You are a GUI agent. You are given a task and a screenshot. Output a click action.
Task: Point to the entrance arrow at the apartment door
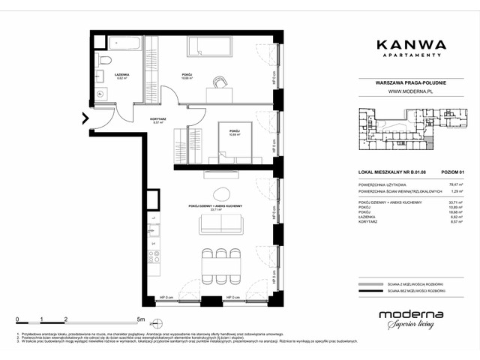coord(85,117)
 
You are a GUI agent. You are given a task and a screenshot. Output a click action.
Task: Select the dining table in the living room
coord(220,263)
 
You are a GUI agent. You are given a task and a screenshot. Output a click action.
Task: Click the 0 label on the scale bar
coord(17,318)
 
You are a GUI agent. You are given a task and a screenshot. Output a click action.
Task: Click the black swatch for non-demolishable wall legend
coord(367,294)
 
